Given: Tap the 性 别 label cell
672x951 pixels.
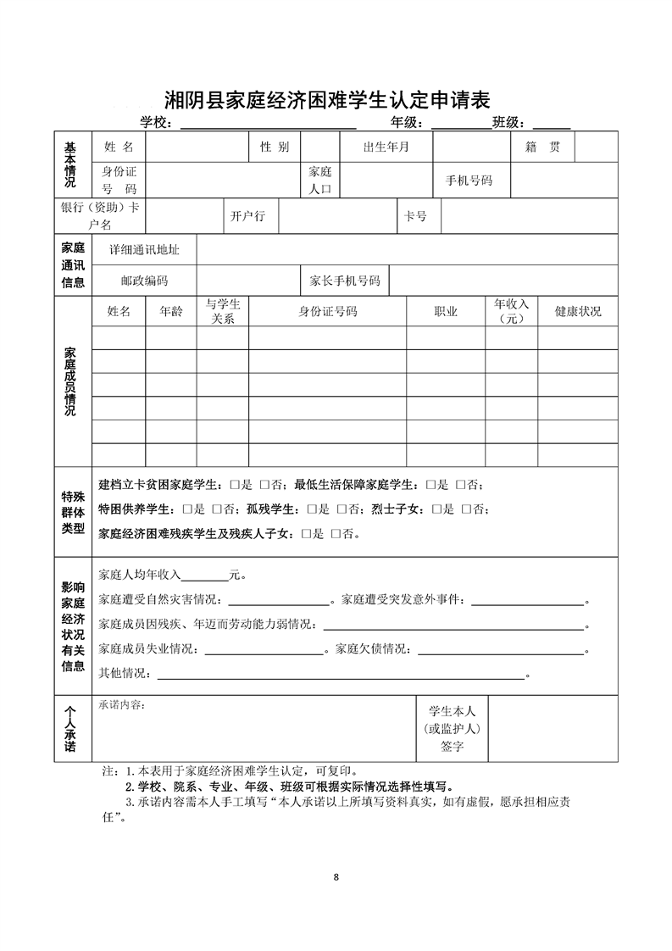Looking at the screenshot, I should click(275, 147).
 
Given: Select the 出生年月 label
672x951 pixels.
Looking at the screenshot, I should click(386, 147).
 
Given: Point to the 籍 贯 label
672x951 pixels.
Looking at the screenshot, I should click(542, 147).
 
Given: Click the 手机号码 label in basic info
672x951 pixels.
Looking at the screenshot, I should click(469, 181).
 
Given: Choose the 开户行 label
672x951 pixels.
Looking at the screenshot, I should click(247, 216).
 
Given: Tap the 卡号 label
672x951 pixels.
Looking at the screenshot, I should click(415, 216).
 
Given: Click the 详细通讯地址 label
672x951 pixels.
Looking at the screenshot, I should click(144, 251).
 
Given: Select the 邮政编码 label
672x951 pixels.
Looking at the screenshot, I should click(144, 281).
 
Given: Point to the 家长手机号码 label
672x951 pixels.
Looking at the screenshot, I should click(345, 281).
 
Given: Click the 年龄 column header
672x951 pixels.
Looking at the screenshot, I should click(170, 311).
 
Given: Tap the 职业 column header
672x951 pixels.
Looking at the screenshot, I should click(446, 311).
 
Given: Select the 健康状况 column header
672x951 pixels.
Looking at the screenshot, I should click(578, 311).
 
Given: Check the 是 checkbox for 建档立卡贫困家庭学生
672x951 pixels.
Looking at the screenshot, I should click(233, 485).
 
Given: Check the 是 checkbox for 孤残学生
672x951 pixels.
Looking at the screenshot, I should click(311, 509).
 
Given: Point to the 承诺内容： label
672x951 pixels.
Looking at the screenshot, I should click(122, 704).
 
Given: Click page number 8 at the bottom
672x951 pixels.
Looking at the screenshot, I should click(336, 876).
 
